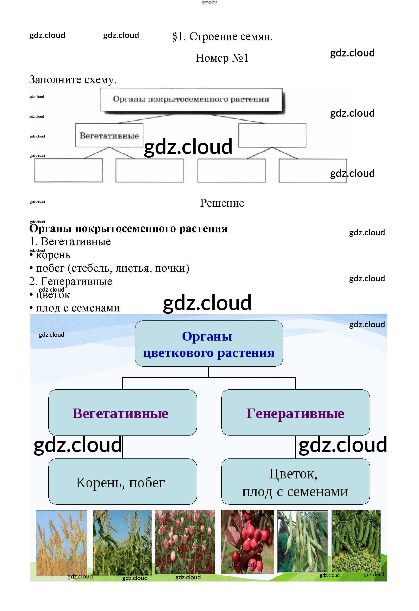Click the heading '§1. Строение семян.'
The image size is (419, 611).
click(222, 36)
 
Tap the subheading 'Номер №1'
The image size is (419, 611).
click(222, 58)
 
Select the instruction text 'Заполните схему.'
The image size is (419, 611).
click(73, 80)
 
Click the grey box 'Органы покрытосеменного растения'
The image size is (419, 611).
click(191, 100)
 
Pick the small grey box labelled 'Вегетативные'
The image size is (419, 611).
click(109, 135)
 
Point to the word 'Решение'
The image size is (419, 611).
click(222, 203)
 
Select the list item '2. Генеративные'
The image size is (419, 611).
click(71, 281)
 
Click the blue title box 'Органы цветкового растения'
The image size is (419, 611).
click(209, 343)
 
